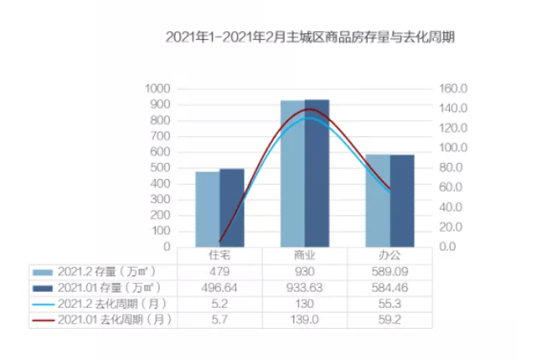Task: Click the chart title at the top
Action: [304, 37]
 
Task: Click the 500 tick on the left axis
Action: [160, 168]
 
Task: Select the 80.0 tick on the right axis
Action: [453, 168]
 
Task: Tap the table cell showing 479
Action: [220, 271]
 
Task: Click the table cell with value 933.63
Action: [304, 287]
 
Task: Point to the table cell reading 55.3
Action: [390, 303]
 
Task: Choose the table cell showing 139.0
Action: [304, 319]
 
